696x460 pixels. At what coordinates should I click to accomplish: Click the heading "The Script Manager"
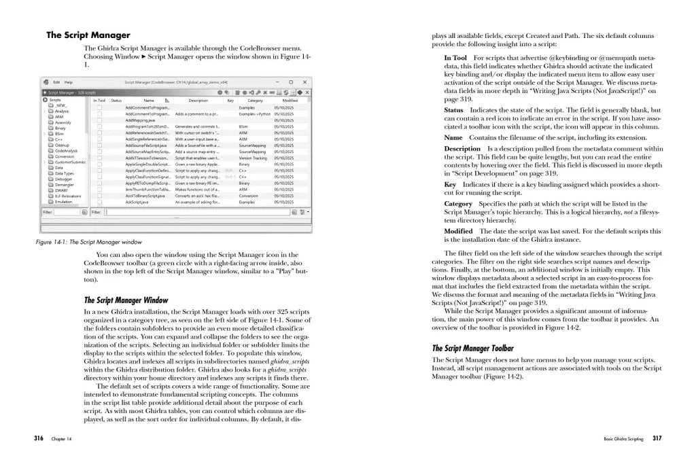click(88, 35)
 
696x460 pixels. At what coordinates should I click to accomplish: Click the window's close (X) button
click(307, 82)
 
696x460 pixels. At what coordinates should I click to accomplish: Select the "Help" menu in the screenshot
click(69, 82)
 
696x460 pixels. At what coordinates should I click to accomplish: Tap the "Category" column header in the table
click(255, 100)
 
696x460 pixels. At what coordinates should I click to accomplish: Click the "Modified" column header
click(290, 100)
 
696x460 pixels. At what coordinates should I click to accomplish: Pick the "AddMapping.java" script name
click(141, 120)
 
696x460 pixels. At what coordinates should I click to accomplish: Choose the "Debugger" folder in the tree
click(64, 178)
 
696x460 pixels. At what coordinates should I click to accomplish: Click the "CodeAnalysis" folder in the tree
click(66, 150)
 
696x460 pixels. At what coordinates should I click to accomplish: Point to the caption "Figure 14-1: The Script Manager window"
click(89, 241)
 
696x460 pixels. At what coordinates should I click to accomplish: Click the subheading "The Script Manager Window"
click(126, 300)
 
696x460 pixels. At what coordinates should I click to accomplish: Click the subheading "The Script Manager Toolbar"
click(472, 349)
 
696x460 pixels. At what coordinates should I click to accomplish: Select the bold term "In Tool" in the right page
click(455, 58)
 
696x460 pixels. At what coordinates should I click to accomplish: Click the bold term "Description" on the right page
click(462, 148)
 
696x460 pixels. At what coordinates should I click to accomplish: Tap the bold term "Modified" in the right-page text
click(459, 231)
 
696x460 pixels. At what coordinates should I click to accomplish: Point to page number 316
click(39, 438)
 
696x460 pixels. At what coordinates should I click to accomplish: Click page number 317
click(657, 438)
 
